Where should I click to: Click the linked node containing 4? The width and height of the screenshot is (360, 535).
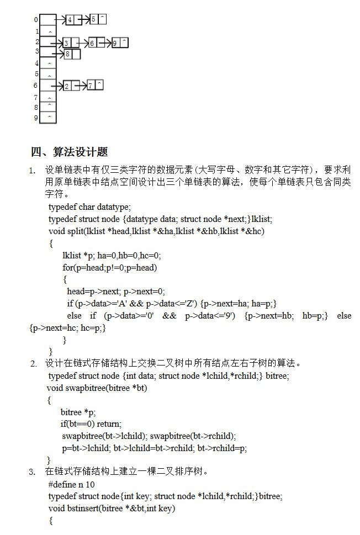(73, 20)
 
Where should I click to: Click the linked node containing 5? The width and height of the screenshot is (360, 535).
(98, 20)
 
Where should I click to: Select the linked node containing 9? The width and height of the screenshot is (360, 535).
(119, 43)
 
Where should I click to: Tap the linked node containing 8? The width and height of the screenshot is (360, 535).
(72, 54)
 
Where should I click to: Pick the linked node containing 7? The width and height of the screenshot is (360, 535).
(95, 86)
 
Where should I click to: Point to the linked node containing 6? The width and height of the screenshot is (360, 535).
(96, 43)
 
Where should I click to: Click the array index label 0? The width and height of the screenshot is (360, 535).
(36, 20)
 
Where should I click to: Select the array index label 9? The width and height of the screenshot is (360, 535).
(36, 118)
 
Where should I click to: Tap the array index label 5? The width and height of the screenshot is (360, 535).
(36, 74)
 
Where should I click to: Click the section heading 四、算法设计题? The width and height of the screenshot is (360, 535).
(69, 152)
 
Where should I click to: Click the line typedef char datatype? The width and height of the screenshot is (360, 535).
(89, 207)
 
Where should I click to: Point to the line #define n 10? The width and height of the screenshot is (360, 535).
(71, 484)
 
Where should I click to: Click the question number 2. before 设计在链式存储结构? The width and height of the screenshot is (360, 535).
(34, 363)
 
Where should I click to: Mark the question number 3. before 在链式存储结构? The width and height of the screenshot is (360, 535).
(33, 472)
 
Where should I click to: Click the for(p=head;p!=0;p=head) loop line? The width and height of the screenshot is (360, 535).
(109, 268)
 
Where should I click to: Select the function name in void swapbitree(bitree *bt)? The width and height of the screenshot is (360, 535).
(86, 388)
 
